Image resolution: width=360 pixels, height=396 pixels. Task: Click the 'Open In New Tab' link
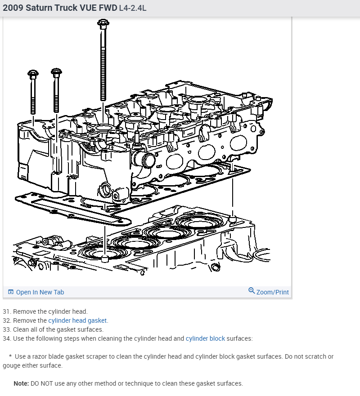tap(40, 292)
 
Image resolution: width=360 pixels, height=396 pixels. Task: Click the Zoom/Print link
tap(272, 292)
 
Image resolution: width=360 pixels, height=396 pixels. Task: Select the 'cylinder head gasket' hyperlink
tap(78, 320)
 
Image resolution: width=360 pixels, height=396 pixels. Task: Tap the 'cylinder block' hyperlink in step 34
tap(205, 338)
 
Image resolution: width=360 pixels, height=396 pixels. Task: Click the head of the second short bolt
tap(56, 72)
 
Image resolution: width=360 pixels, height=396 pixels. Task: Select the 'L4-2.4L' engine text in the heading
tap(132, 9)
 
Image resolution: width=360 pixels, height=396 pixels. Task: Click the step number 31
tap(6, 311)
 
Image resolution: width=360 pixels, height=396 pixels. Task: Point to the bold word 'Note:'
tap(21, 383)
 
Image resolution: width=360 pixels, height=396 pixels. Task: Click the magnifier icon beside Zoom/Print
tap(252, 291)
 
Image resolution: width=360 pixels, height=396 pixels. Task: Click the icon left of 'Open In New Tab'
tap(11, 292)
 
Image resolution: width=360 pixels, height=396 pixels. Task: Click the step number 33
tap(6, 329)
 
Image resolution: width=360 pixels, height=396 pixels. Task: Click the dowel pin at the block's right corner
tap(232, 218)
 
